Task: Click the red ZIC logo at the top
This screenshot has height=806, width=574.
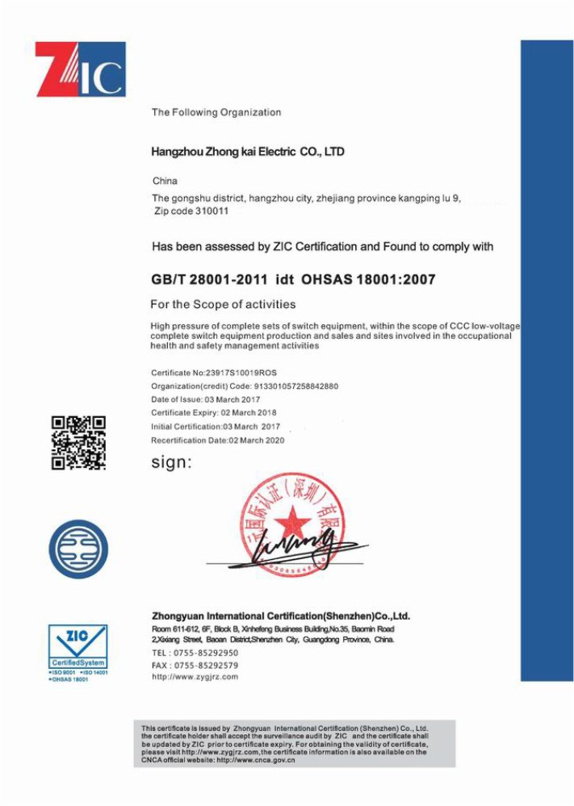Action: [x=80, y=69]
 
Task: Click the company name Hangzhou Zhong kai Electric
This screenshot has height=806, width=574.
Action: [x=248, y=152]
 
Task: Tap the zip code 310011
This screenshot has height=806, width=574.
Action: [x=212, y=211]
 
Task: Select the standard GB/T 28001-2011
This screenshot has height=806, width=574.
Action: [x=208, y=280]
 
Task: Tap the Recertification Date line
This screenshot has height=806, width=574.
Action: [x=218, y=441]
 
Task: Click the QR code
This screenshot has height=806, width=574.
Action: [x=78, y=443]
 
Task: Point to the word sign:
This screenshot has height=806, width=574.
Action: [x=172, y=463]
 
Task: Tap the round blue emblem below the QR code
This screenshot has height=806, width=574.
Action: [x=78, y=549]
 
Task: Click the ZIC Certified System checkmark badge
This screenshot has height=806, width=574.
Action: [x=78, y=646]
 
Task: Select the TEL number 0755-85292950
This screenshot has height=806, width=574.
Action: [x=206, y=653]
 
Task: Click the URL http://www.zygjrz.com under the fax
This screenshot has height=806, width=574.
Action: [x=195, y=677]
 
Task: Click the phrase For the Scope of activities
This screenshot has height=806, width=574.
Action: [x=223, y=304]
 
